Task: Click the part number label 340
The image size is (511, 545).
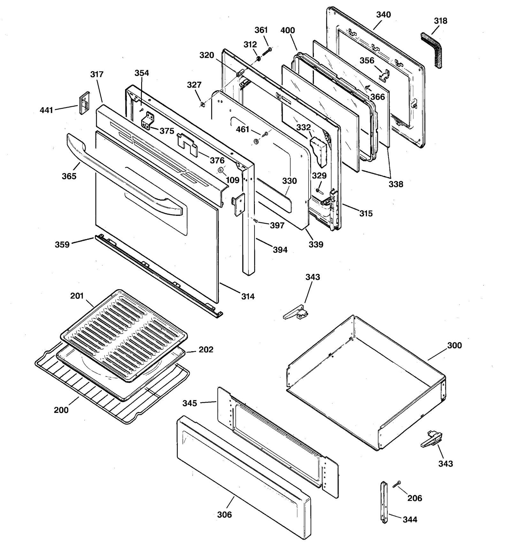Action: click(383, 15)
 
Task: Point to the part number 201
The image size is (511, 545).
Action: click(77, 296)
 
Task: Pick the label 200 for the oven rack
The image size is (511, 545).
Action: click(61, 410)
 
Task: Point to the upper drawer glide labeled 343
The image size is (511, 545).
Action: click(296, 312)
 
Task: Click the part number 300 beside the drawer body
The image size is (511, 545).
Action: click(454, 345)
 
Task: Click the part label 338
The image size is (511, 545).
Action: click(396, 184)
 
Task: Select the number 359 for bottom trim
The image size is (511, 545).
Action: click(62, 245)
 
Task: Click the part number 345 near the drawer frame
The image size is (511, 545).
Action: click(190, 403)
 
